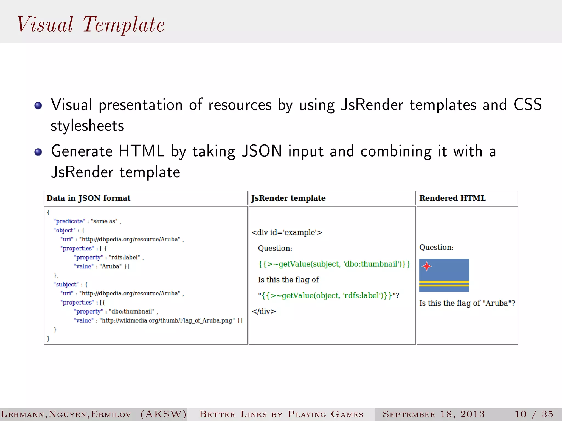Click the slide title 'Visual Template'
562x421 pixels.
(91, 25)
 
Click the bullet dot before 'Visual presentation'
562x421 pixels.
(38, 106)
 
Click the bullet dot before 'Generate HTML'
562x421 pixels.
(38, 152)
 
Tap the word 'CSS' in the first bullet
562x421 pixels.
(527, 105)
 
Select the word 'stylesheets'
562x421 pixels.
(87, 126)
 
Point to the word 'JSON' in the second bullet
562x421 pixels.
(262, 151)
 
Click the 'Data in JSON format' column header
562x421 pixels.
(89, 198)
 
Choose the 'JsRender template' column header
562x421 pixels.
(288, 198)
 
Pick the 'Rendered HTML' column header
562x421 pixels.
(453, 198)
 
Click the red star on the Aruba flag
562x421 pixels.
(427, 266)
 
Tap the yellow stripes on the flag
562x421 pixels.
(444, 284)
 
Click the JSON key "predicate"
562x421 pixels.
(69, 221)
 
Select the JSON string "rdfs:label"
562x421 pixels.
(124, 257)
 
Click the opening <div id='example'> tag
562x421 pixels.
(287, 232)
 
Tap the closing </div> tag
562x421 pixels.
(263, 311)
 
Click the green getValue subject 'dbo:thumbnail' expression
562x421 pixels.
(334, 264)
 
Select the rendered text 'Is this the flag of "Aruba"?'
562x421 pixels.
(467, 303)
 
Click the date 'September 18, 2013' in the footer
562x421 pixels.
(434, 414)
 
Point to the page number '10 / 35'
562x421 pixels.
(534, 414)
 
